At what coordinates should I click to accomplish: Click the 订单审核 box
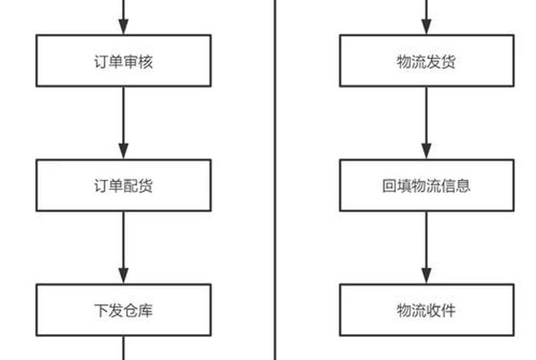click(x=123, y=61)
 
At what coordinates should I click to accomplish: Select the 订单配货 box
click(x=123, y=185)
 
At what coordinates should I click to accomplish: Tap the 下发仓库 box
click(x=123, y=310)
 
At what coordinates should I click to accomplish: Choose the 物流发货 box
click(x=427, y=61)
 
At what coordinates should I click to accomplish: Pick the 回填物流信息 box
click(x=427, y=185)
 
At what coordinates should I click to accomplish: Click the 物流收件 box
click(x=427, y=310)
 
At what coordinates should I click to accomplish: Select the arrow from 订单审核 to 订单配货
click(x=123, y=123)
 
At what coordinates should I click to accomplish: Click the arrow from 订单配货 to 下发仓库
click(x=123, y=247)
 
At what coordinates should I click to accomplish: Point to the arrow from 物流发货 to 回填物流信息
click(x=427, y=123)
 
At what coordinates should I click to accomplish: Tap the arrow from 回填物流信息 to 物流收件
click(x=427, y=247)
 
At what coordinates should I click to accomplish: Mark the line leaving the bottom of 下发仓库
click(x=123, y=349)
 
